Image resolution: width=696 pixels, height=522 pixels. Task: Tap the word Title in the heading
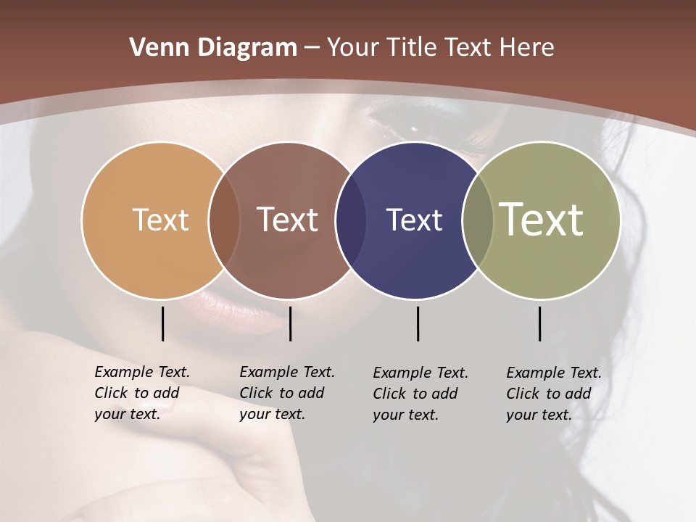(x=414, y=48)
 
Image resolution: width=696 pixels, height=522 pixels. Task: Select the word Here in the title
(x=527, y=48)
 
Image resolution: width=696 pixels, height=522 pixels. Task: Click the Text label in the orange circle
(x=160, y=220)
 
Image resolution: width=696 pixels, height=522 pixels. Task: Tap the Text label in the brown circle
(x=288, y=220)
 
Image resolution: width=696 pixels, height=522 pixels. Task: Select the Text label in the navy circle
(x=414, y=220)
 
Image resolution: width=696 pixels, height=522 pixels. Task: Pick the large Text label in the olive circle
(x=542, y=219)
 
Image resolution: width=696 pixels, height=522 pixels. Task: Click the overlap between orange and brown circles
(x=224, y=220)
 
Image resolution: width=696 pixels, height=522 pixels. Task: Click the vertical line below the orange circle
(x=162, y=323)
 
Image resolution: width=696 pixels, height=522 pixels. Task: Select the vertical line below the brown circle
(x=290, y=323)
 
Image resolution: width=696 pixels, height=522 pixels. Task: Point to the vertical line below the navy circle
(x=418, y=323)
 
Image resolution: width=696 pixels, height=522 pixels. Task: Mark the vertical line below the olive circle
(x=539, y=323)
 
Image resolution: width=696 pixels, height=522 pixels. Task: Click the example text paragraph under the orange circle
(x=141, y=393)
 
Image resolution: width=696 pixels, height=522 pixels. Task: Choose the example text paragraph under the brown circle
(x=286, y=393)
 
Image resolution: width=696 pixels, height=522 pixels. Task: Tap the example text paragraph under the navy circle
(x=420, y=394)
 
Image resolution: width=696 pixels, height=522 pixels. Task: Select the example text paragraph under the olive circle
(x=553, y=394)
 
